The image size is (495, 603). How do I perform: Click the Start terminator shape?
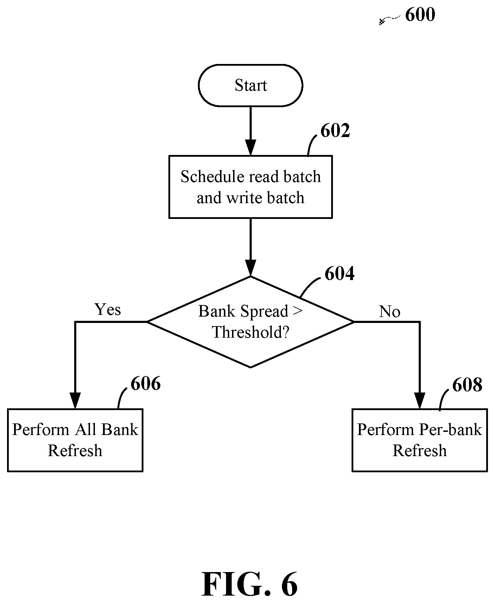tap(250, 85)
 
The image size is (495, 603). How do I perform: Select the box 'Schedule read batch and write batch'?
tap(250, 187)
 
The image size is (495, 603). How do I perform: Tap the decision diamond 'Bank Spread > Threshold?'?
tap(250, 322)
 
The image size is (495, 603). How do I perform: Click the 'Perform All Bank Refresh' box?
tap(75, 440)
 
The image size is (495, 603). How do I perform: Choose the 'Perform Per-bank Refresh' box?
tap(419, 440)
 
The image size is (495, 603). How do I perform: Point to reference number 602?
tap(335, 131)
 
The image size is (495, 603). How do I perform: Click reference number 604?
tap(339, 273)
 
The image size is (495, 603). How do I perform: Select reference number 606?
tap(146, 383)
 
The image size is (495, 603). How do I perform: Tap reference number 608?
tap(467, 385)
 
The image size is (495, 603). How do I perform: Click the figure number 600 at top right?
tap(420, 15)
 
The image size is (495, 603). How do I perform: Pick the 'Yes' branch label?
tap(108, 310)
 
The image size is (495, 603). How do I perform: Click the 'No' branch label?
tap(390, 311)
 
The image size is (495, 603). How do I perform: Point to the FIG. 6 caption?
tap(250, 584)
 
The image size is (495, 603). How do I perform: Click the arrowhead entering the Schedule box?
tap(250, 148)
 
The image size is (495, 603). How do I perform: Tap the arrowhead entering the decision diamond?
tap(250, 268)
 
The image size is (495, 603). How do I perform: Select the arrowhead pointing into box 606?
tap(75, 401)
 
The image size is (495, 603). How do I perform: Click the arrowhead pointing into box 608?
tap(419, 401)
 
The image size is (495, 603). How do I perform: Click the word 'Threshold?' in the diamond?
tap(250, 332)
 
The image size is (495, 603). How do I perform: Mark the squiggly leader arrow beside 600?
tap(390, 20)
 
